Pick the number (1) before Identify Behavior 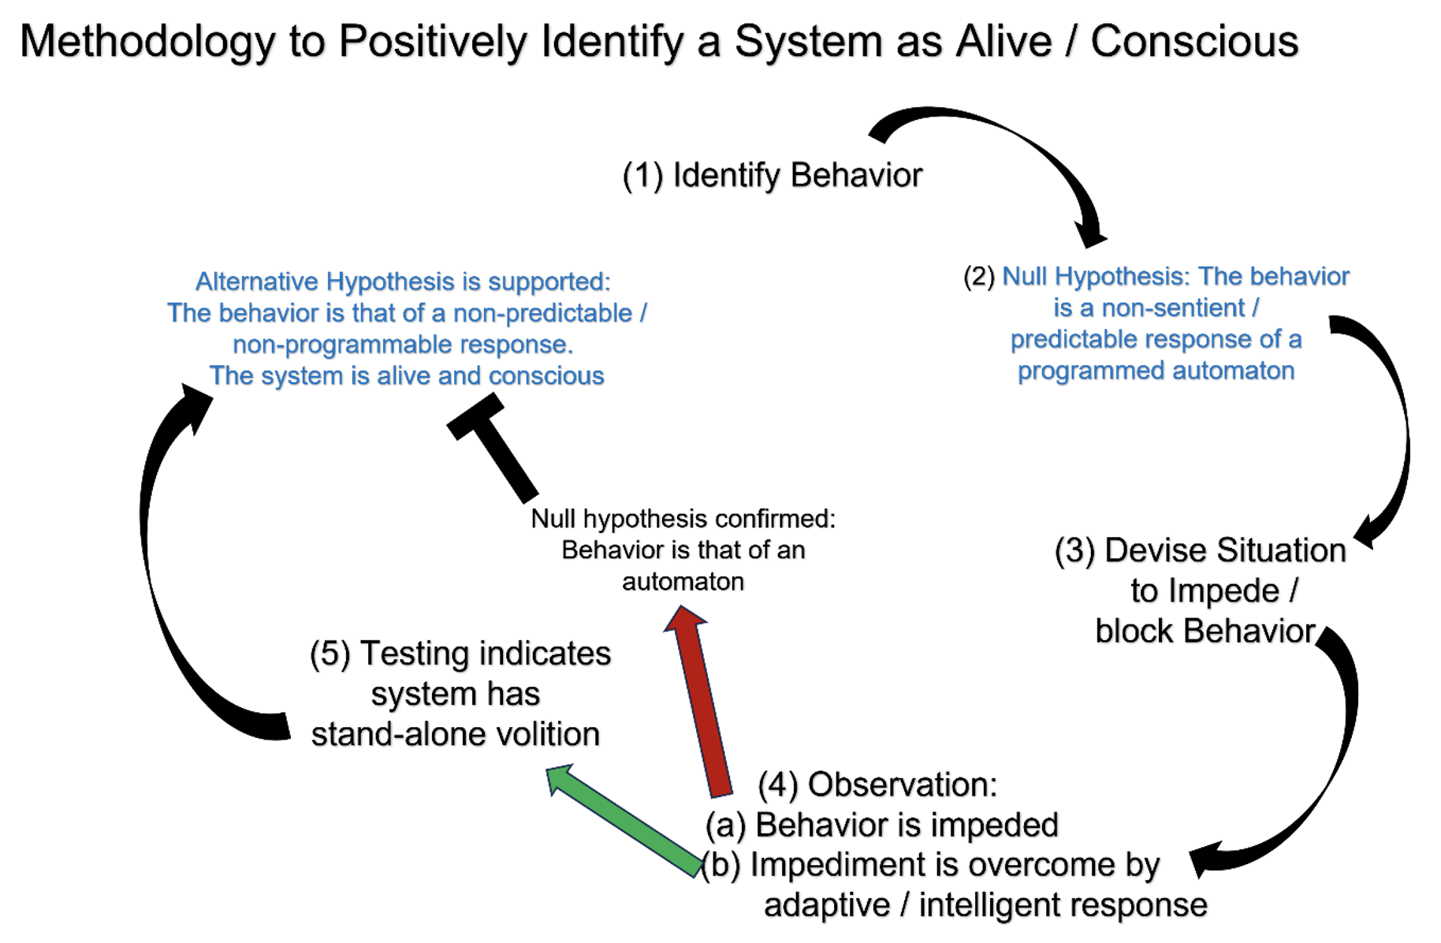click(x=642, y=175)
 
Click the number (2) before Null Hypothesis click(x=978, y=277)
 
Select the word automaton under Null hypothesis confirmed click(x=683, y=582)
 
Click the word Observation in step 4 click(x=903, y=785)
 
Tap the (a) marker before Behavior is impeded click(x=725, y=826)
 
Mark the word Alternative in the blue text click(x=257, y=281)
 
